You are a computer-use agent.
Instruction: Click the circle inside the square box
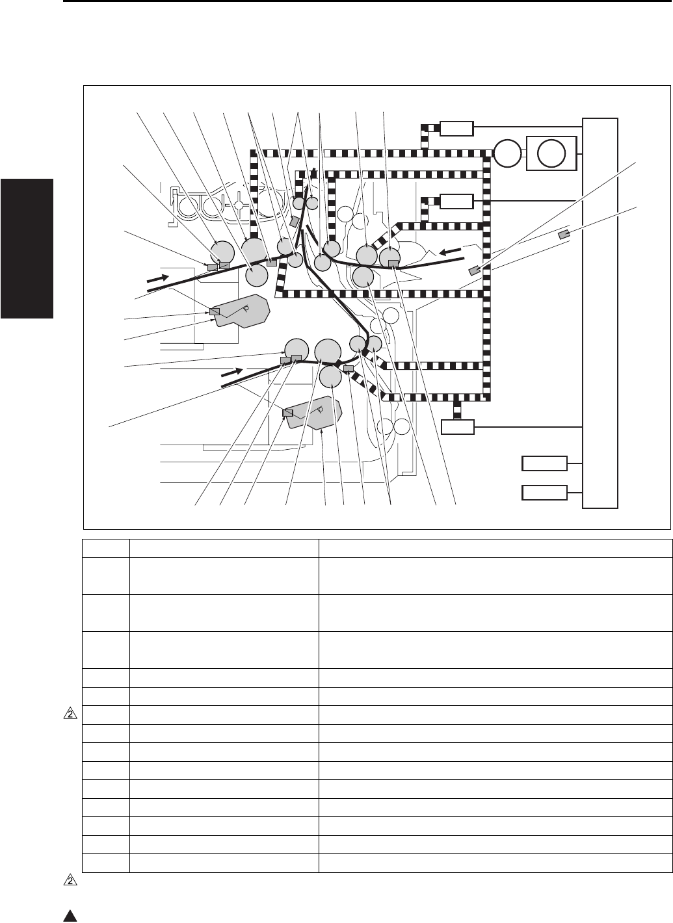tap(551, 153)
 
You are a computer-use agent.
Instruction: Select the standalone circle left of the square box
tap(507, 153)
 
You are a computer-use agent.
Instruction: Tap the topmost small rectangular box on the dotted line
tap(456, 128)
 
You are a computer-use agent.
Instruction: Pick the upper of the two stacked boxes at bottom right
tap(544, 464)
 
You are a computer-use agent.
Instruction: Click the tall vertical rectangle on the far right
tap(601, 312)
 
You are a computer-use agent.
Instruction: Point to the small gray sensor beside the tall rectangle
tap(564, 234)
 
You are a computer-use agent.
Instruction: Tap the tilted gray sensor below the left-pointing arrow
tap(475, 270)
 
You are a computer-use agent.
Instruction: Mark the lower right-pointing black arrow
tap(232, 374)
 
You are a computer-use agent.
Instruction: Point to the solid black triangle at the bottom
tap(70, 916)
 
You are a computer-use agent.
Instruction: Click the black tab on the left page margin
tap(26, 246)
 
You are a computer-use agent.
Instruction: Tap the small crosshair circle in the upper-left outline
tap(241, 203)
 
